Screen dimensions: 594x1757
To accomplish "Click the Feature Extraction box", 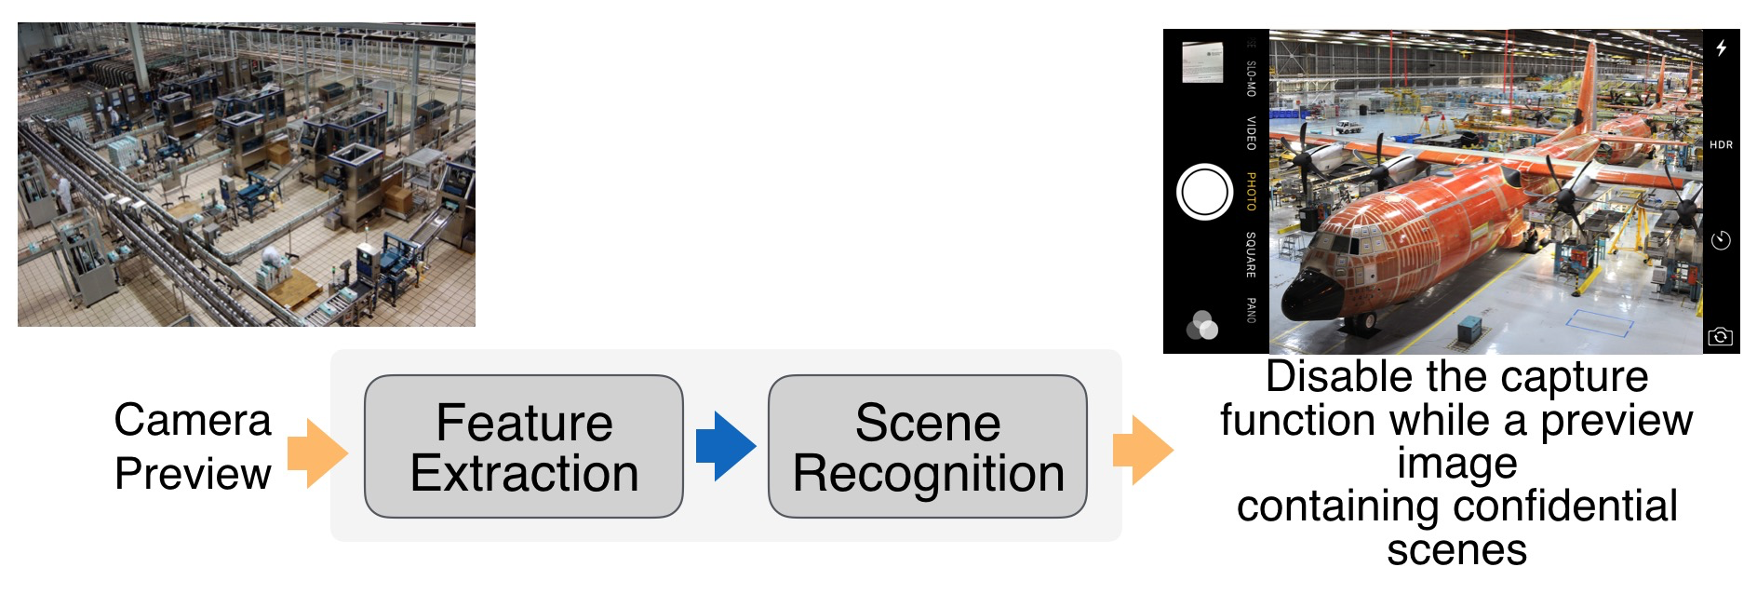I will click(x=524, y=447).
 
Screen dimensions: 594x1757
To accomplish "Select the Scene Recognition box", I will click(x=928, y=447).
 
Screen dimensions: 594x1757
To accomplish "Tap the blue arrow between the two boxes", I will click(x=725, y=447).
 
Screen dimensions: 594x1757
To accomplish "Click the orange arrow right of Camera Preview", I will click(x=316, y=453).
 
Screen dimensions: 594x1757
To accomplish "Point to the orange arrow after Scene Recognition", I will click(x=1142, y=451).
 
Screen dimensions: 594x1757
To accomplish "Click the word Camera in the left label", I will click(x=193, y=420).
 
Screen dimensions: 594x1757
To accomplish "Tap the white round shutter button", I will click(x=1204, y=192).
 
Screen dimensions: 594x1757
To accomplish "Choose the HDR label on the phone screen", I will click(x=1721, y=145).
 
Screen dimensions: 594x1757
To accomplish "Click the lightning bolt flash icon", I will click(x=1722, y=48).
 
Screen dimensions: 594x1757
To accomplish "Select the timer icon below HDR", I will click(x=1721, y=241).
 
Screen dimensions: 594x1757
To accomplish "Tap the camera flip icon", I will click(x=1721, y=336).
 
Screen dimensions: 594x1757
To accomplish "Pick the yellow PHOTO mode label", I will click(x=1251, y=192).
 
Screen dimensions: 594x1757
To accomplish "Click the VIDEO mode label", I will click(x=1251, y=133).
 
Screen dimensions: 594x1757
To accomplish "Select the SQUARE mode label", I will click(x=1251, y=254).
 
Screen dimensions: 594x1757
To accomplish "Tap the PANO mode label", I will click(x=1251, y=310).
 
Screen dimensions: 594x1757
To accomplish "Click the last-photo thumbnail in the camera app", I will click(x=1202, y=62).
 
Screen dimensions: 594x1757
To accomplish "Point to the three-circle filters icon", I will click(x=1202, y=326).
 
